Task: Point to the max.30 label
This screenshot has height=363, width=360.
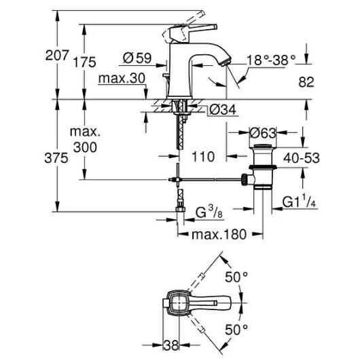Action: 122,79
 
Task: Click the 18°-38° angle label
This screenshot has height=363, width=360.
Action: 272,60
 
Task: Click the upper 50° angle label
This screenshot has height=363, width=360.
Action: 237,278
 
